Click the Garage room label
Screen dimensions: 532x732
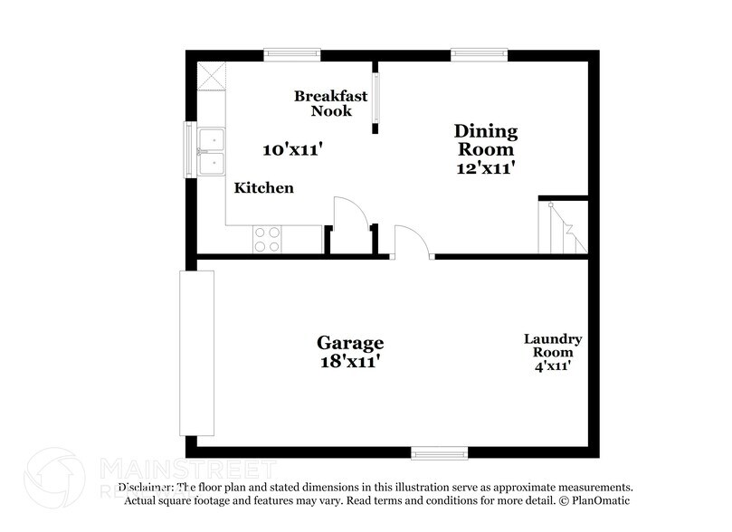point(349,343)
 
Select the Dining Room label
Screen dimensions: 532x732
point(485,140)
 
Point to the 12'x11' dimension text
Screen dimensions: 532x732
point(485,167)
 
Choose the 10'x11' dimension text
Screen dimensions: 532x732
point(292,150)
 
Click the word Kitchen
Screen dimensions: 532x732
point(264,188)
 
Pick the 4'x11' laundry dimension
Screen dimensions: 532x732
point(553,366)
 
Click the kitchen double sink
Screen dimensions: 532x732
point(212,151)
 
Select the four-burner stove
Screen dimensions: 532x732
point(267,239)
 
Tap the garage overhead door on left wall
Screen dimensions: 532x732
point(196,353)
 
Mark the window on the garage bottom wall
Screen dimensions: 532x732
point(439,451)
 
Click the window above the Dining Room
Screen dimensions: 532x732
point(479,54)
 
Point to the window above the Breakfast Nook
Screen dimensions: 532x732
point(291,54)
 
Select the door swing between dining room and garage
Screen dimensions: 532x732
point(413,242)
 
